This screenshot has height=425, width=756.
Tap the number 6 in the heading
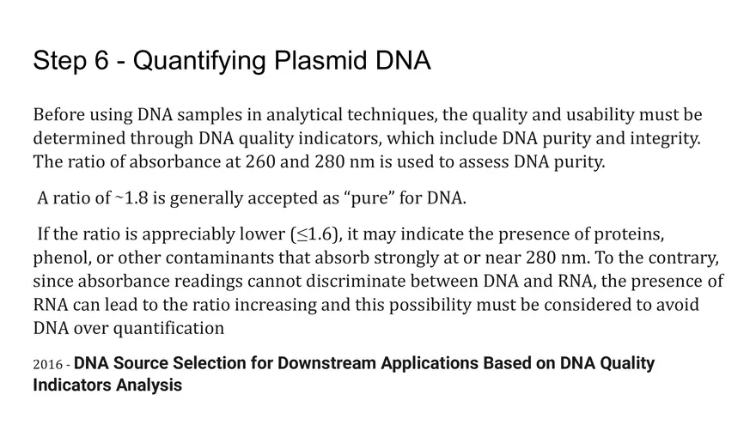pos(101,61)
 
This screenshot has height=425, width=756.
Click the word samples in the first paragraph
pos(210,115)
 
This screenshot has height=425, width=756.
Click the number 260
pos(260,161)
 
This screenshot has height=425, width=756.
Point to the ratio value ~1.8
pos(131,198)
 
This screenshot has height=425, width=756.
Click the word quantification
pos(168,329)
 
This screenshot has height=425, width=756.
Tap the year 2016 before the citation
pos(48,364)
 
